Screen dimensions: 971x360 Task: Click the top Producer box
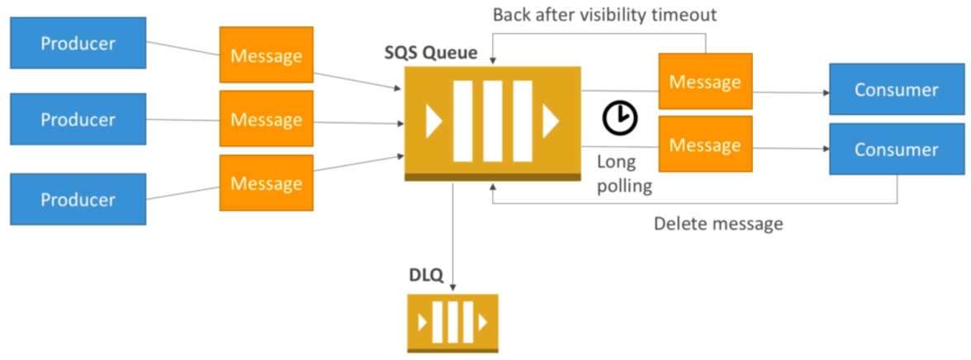[x=78, y=43]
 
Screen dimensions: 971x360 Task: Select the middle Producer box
[x=78, y=119]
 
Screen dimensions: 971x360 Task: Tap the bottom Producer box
[x=78, y=199]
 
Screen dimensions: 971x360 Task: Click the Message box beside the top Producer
[x=266, y=54]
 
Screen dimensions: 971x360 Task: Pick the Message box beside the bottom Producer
[x=266, y=182]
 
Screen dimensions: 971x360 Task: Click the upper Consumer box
[x=896, y=89]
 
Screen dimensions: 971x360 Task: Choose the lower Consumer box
[x=896, y=149]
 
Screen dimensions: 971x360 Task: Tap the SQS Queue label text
[x=431, y=54]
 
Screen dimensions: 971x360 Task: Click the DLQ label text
[x=426, y=275]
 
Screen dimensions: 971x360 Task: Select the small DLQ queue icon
[x=452, y=322]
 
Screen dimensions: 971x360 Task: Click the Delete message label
[x=718, y=223]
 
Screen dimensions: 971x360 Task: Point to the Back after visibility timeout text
[x=605, y=14]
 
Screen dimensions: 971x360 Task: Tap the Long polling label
[x=624, y=175]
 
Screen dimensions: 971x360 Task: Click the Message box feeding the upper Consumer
[x=705, y=81]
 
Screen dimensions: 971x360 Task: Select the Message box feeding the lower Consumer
[x=705, y=144]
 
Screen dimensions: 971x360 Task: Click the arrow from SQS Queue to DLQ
[x=452, y=236]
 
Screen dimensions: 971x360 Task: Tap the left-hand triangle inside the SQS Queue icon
[x=433, y=121]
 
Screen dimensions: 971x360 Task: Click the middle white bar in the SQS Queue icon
[x=492, y=121]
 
